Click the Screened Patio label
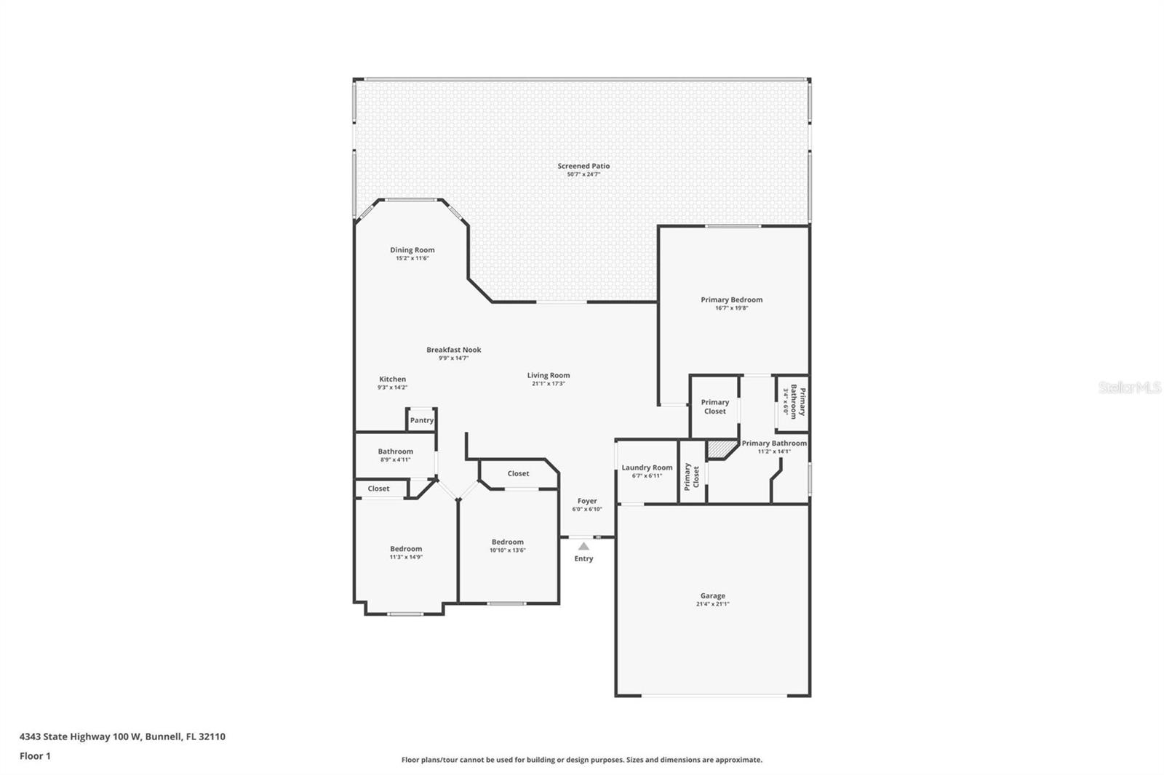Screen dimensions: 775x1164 pos(583,166)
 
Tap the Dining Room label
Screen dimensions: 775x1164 pos(412,250)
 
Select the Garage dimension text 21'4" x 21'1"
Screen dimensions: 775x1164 pos(712,604)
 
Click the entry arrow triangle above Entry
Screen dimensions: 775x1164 pos(583,546)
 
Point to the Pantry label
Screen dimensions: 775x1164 pos(421,420)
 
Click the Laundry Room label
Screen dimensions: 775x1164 pos(647,467)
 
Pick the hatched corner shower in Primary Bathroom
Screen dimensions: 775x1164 pos(720,449)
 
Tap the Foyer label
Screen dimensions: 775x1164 pos(587,501)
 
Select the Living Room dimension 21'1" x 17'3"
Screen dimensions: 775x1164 pos(548,384)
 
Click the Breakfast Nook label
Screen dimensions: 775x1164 pos(453,350)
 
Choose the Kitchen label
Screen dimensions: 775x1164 pos(392,379)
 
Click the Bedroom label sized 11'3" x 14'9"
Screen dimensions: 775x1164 pos(405,549)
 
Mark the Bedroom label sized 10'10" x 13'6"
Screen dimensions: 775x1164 pos(507,542)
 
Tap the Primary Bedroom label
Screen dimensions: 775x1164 pos(731,300)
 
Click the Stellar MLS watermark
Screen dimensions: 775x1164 pos(1129,387)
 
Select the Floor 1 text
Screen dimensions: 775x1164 pos(35,756)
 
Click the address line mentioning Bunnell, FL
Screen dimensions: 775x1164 pos(122,736)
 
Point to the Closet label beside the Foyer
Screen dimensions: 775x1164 pos(518,473)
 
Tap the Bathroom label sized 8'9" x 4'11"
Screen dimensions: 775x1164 pos(395,451)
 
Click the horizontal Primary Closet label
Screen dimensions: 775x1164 pos(714,406)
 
